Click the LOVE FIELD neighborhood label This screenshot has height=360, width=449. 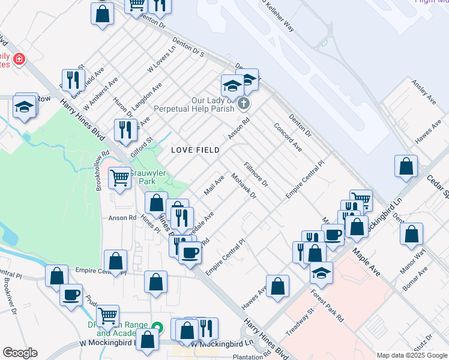pyautogui.click(x=195, y=149)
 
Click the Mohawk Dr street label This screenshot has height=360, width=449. pyautogui.click(x=244, y=186)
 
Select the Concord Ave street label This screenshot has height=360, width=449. pyautogui.click(x=288, y=137)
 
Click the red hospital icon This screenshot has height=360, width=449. pyautogui.click(x=19, y=59)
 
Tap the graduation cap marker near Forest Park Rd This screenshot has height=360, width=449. pyautogui.click(x=321, y=272)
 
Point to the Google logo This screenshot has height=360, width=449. pyautogui.click(x=20, y=353)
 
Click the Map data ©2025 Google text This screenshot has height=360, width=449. pyautogui.click(x=411, y=355)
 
